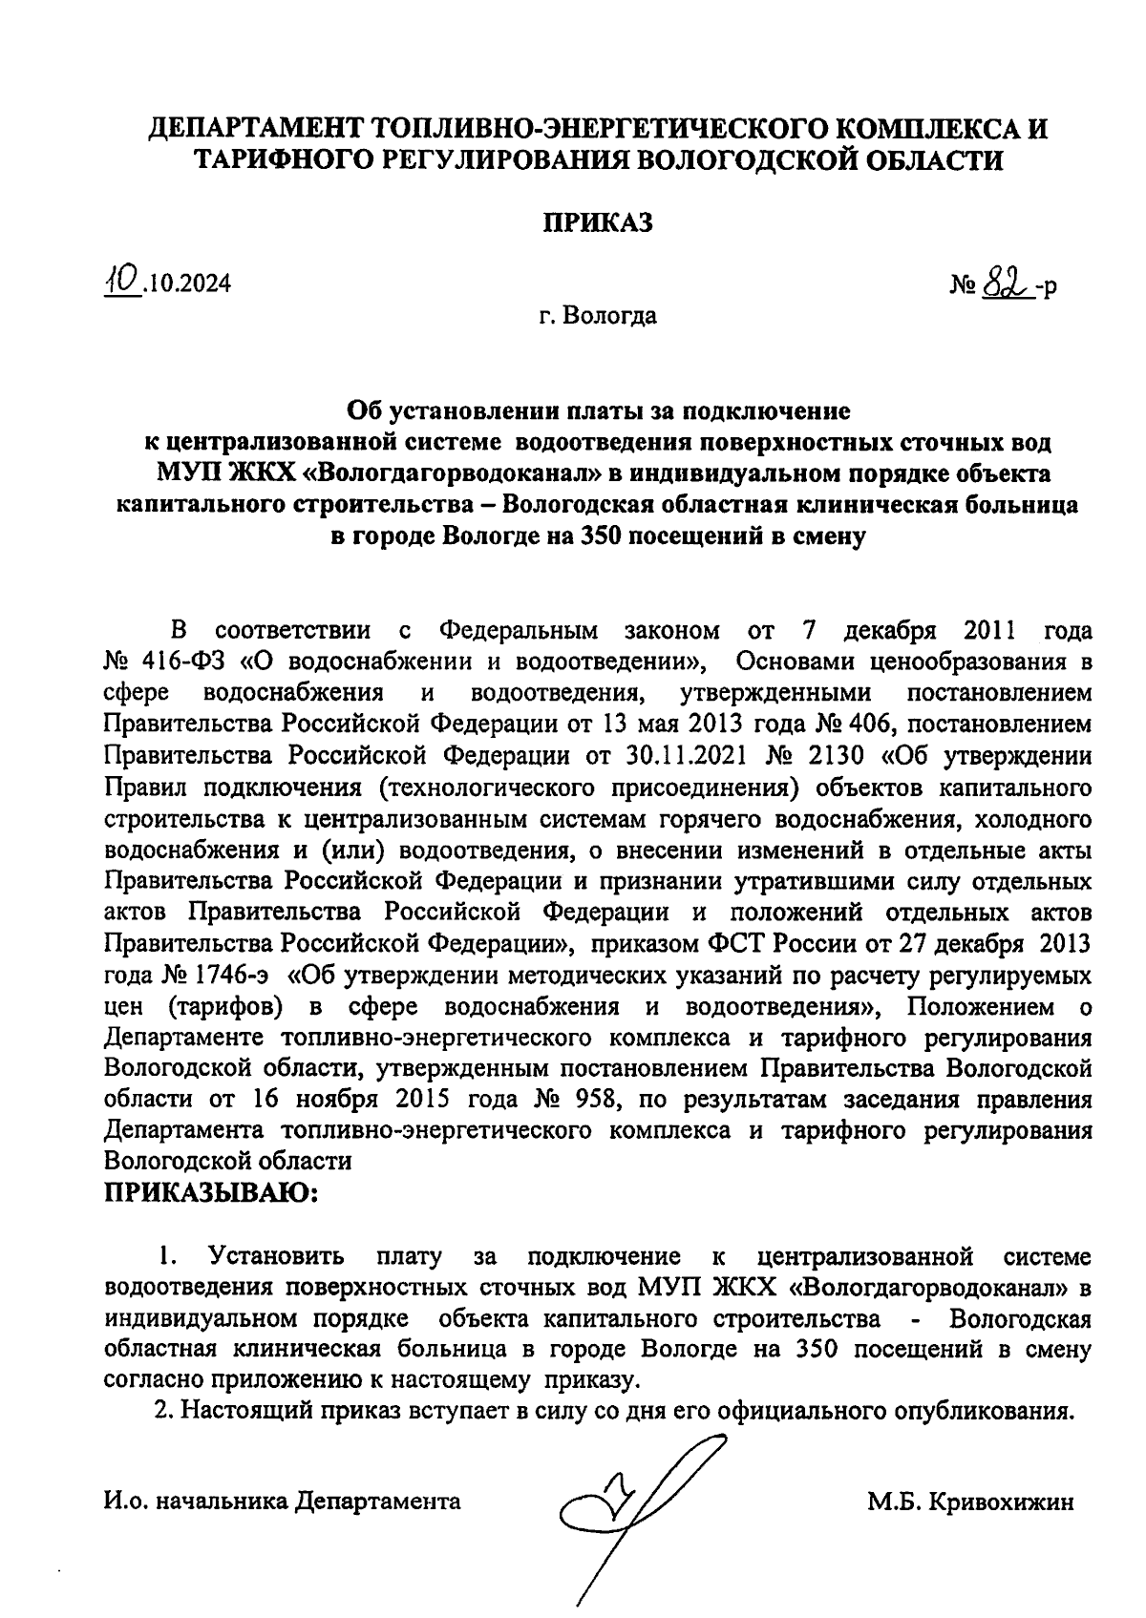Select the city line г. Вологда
[598, 315]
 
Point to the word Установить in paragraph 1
[278, 1255]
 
